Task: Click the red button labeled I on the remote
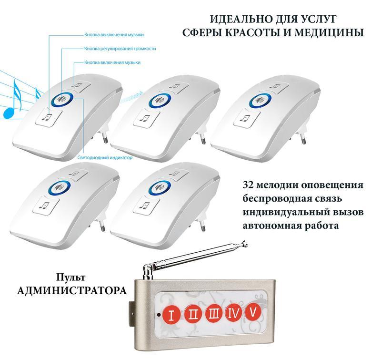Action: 171,315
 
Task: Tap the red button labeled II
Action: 193,314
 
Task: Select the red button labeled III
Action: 213,313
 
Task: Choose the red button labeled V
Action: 253,311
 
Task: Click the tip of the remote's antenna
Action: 246,242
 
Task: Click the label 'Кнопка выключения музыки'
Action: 114,34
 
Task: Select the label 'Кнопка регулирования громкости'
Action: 120,49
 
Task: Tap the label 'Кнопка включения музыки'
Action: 112,62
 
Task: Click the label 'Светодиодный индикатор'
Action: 105,157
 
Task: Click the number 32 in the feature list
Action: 248,185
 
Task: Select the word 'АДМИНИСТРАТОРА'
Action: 72,290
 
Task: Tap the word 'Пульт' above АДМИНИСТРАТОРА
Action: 71,277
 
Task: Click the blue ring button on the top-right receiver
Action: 260,100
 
